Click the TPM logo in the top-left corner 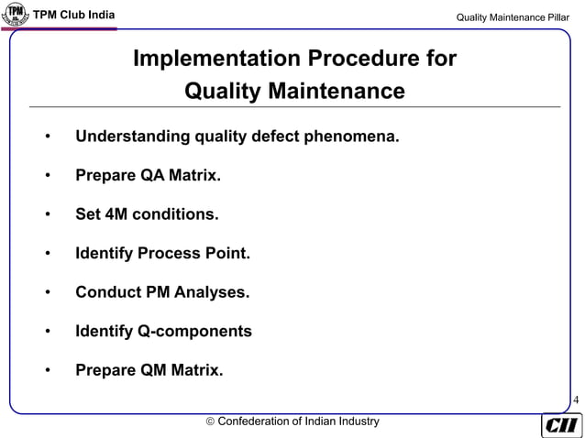pyautogui.click(x=16, y=16)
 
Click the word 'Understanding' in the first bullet pyautogui.click(x=131, y=137)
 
